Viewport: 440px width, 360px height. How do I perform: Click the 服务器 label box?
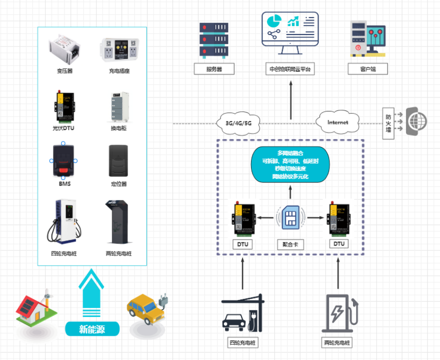click(214, 69)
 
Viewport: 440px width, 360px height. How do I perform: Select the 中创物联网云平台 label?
click(290, 69)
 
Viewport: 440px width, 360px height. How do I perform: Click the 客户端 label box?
click(367, 69)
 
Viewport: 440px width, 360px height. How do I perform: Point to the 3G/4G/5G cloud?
click(238, 122)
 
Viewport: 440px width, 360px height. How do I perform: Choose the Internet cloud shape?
click(338, 122)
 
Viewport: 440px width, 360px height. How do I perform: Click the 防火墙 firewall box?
click(388, 121)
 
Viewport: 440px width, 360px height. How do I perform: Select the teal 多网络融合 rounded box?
click(290, 164)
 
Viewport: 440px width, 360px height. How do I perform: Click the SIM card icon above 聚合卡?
click(290, 217)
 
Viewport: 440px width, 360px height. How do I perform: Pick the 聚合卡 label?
click(290, 244)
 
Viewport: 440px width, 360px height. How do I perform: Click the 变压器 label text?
click(64, 71)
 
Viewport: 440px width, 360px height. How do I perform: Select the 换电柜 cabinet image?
click(119, 106)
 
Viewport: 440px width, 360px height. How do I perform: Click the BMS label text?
click(64, 183)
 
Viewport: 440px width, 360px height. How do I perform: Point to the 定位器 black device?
click(119, 160)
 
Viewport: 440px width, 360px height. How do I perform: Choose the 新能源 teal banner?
click(92, 328)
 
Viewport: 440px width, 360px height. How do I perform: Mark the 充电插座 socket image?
click(119, 50)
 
